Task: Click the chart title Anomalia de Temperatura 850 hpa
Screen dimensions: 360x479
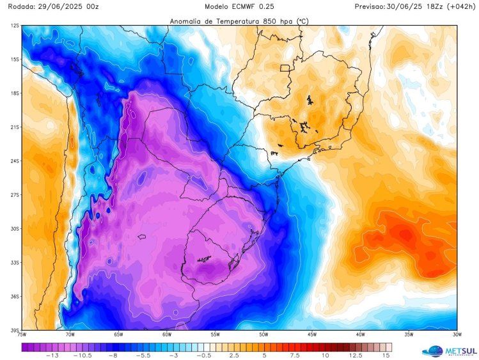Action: (x=239, y=21)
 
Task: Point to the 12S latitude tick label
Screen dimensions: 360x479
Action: (x=14, y=26)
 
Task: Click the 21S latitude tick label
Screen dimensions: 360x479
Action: (x=14, y=127)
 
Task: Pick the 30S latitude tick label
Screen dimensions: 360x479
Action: (x=14, y=228)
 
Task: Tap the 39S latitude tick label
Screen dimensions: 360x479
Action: (x=14, y=330)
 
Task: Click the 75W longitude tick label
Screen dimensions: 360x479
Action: (x=22, y=334)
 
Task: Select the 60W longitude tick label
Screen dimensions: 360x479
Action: (x=166, y=334)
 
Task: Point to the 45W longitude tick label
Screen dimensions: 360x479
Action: (x=312, y=334)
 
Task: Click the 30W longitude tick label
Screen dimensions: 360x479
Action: (x=457, y=334)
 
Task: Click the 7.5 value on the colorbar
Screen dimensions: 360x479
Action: (x=294, y=356)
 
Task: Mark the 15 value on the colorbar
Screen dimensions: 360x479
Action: (x=386, y=356)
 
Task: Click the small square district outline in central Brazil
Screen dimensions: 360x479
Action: (x=285, y=68)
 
